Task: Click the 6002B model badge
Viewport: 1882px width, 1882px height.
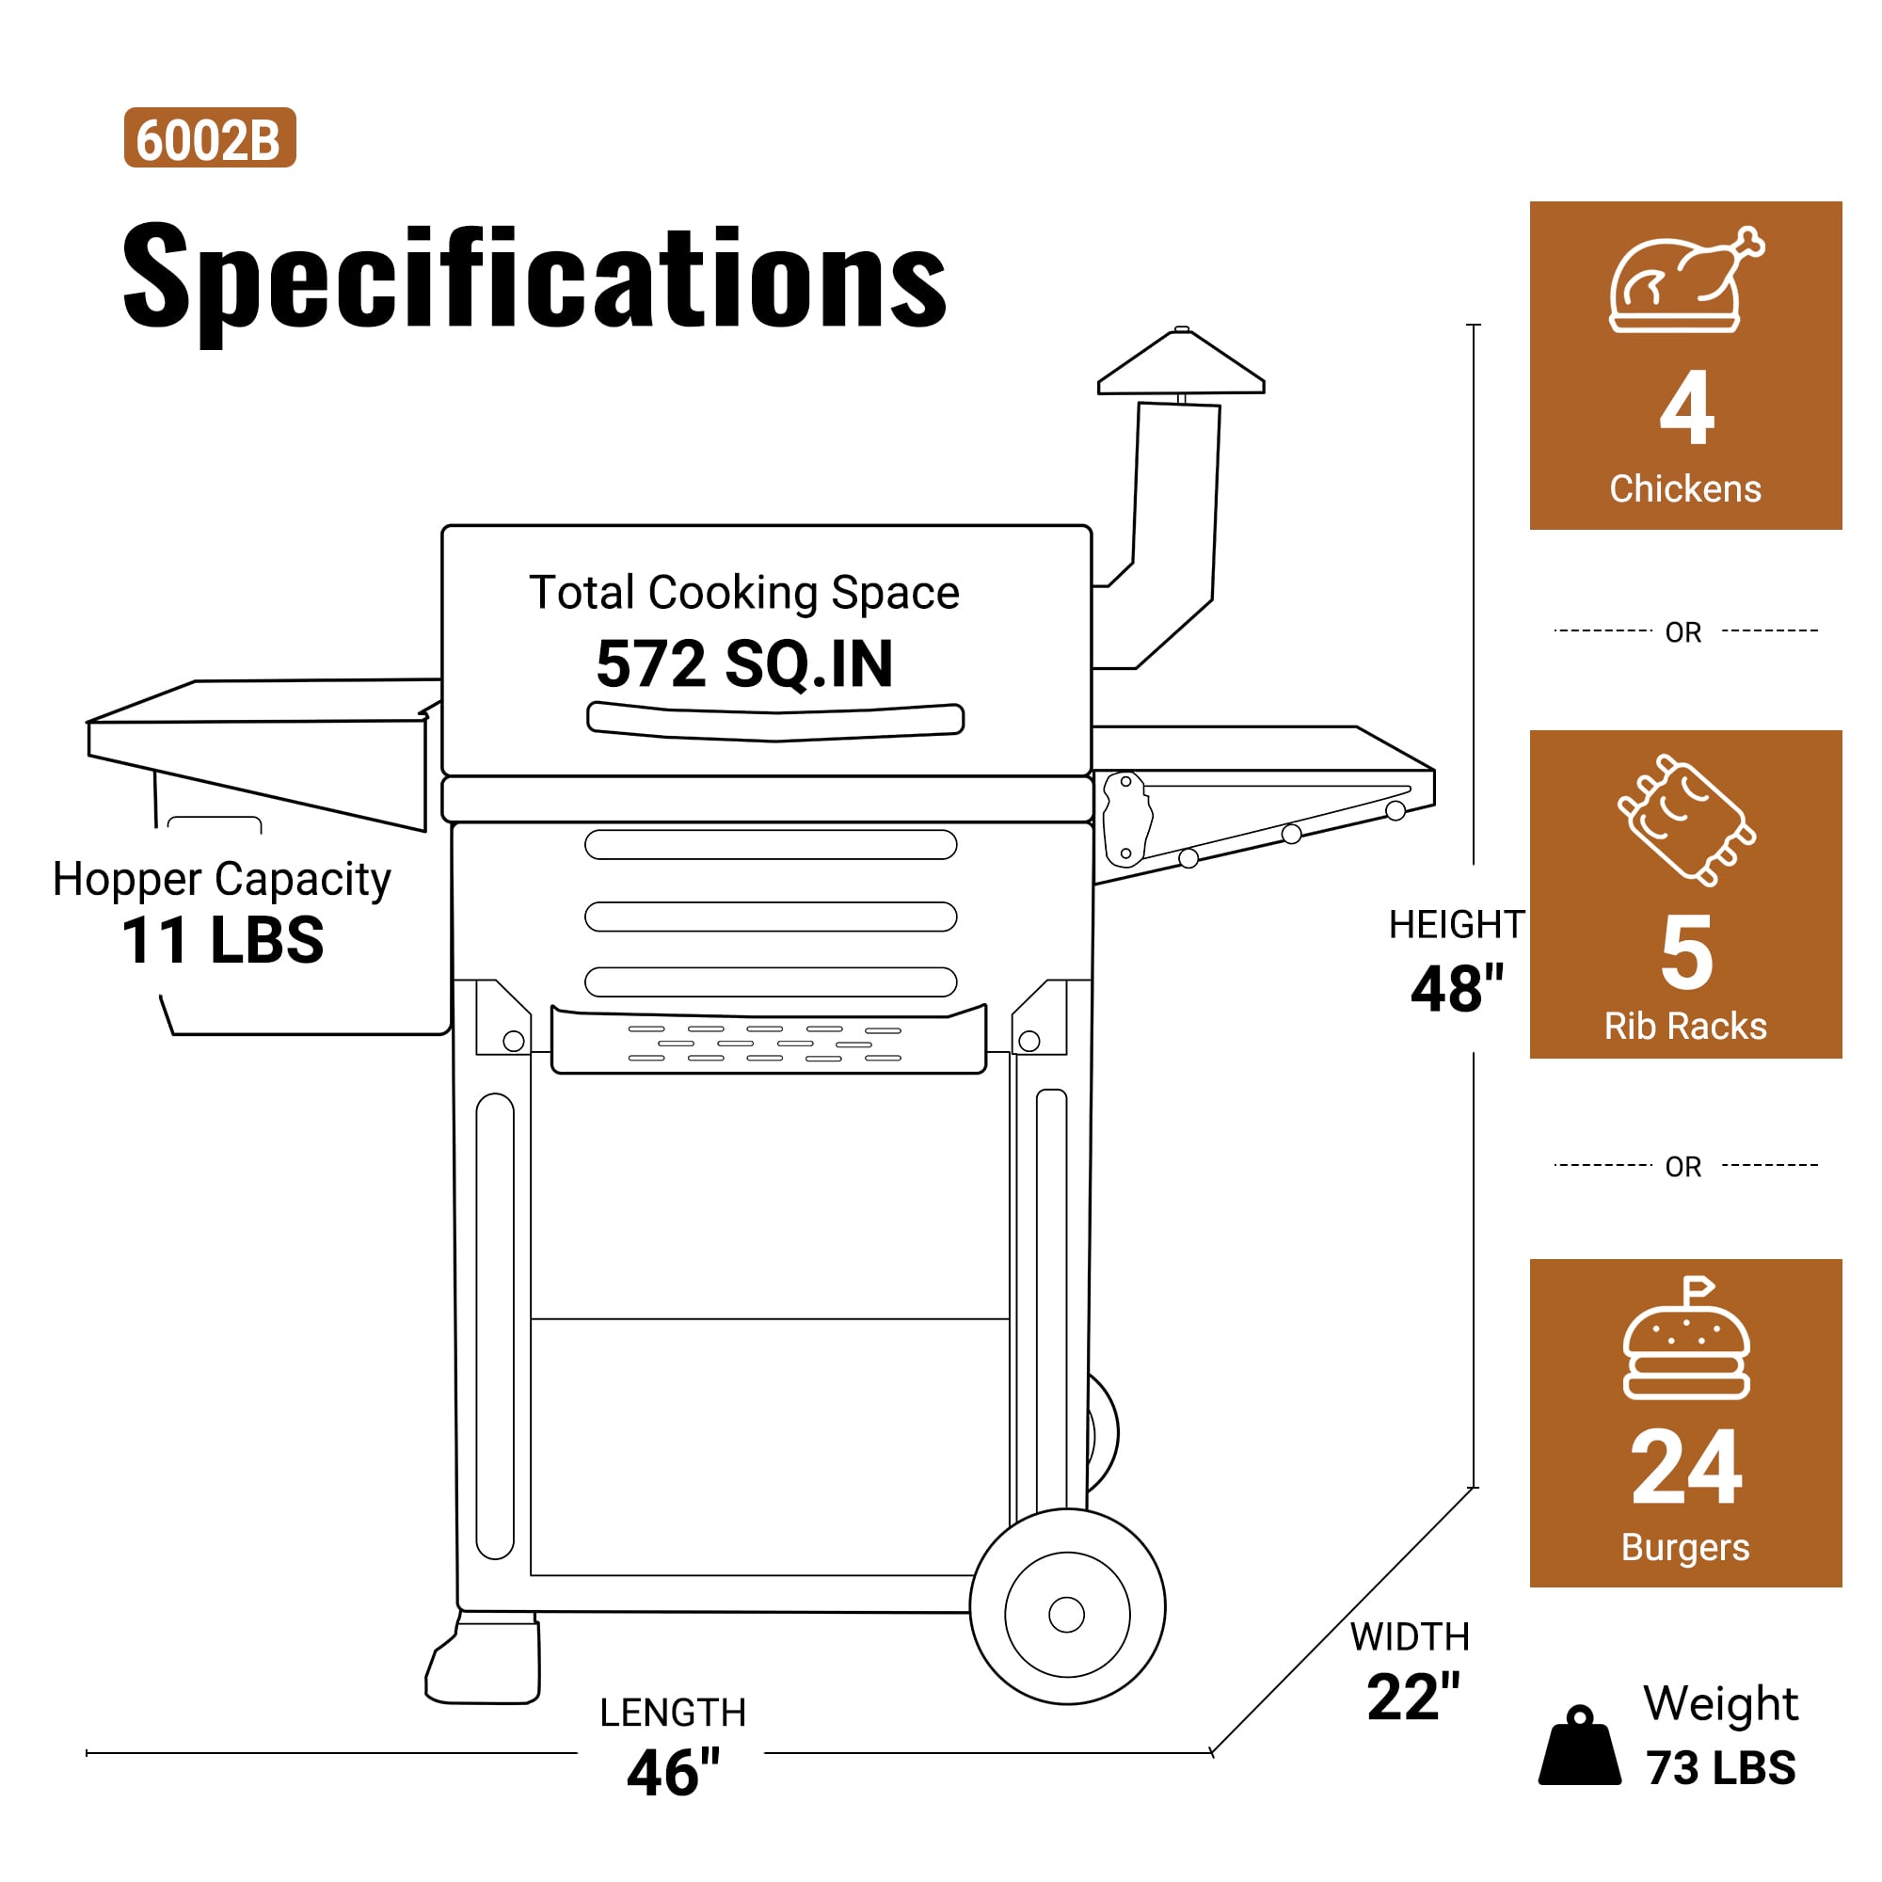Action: (210, 137)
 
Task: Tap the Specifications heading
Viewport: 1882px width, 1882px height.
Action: (534, 277)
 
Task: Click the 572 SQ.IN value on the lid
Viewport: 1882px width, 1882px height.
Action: (744, 663)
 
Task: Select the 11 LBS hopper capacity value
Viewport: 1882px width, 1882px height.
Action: (222, 940)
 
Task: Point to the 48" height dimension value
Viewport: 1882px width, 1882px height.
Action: (1458, 989)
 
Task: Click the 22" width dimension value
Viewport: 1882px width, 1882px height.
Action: (1413, 1697)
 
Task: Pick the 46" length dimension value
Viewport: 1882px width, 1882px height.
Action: (673, 1772)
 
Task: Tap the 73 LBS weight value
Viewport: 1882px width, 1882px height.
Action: (1721, 1767)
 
